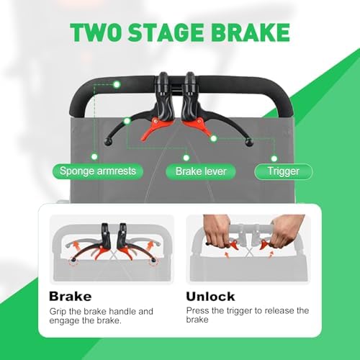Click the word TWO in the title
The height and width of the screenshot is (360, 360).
[x=95, y=32]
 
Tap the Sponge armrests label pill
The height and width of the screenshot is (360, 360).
[x=98, y=171]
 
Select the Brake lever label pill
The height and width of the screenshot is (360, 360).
[x=201, y=171]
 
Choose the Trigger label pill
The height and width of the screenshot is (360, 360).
[x=284, y=171]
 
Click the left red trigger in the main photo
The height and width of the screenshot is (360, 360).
[x=154, y=127]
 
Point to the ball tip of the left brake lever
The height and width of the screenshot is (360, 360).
[x=107, y=142]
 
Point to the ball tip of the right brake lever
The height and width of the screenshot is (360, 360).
[x=249, y=143]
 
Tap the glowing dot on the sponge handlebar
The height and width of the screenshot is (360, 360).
[x=117, y=84]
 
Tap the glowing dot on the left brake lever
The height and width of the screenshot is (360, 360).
[x=127, y=121]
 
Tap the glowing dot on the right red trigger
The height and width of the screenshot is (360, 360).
[x=213, y=138]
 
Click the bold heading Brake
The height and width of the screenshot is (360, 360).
[x=71, y=297]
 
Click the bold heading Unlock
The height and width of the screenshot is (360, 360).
[x=210, y=297]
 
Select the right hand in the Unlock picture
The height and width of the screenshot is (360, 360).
[x=287, y=232]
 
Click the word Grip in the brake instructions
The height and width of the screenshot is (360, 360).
[x=58, y=312]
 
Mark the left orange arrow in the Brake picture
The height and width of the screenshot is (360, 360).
[x=76, y=246]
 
